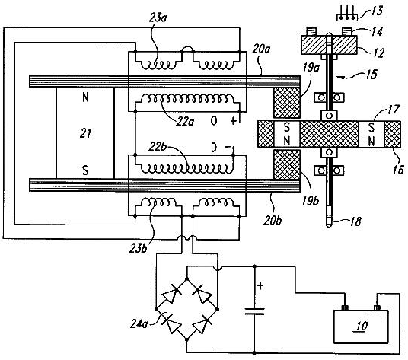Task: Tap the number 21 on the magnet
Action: (85, 133)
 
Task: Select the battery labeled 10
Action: (361, 324)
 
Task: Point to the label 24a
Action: (139, 324)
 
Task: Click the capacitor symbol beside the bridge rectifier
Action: (255, 311)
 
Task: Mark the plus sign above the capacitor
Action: (260, 286)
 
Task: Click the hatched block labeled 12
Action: (329, 45)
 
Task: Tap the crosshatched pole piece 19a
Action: (287, 103)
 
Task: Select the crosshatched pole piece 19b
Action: (287, 164)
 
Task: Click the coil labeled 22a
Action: (187, 99)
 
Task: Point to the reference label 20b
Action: (273, 221)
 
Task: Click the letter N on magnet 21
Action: (85, 97)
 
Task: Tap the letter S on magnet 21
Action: (85, 170)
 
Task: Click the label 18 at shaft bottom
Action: (355, 222)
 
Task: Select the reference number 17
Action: (393, 110)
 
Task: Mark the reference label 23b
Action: (139, 248)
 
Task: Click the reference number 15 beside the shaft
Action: (371, 75)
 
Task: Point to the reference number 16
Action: (398, 170)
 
